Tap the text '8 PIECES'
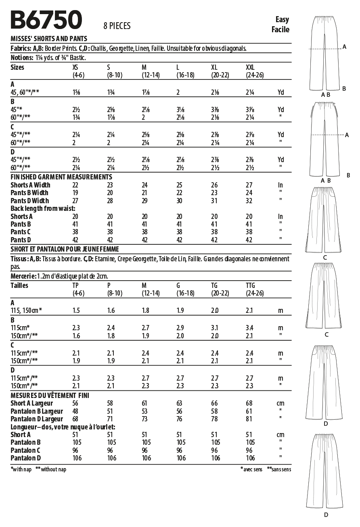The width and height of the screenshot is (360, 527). [117, 26]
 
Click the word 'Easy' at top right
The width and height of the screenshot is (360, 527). [282, 19]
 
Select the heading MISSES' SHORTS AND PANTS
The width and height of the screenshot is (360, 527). [49, 39]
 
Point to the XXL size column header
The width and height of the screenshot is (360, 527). [251, 67]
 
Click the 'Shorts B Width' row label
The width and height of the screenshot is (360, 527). [30, 185]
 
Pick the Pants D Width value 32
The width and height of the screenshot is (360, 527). [249, 201]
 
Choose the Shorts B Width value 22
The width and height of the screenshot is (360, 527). [75, 185]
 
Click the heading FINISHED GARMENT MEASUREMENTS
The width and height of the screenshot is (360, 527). [61, 177]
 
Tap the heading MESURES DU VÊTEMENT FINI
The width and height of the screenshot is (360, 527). [50, 395]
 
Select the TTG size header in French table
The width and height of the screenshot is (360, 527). [251, 285]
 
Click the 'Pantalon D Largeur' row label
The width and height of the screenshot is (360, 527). [37, 419]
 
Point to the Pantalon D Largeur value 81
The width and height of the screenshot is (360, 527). [249, 419]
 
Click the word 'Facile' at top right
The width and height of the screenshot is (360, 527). [280, 29]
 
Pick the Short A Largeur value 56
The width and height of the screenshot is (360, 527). [75, 403]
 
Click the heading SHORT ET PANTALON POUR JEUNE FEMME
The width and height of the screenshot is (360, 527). [65, 249]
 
